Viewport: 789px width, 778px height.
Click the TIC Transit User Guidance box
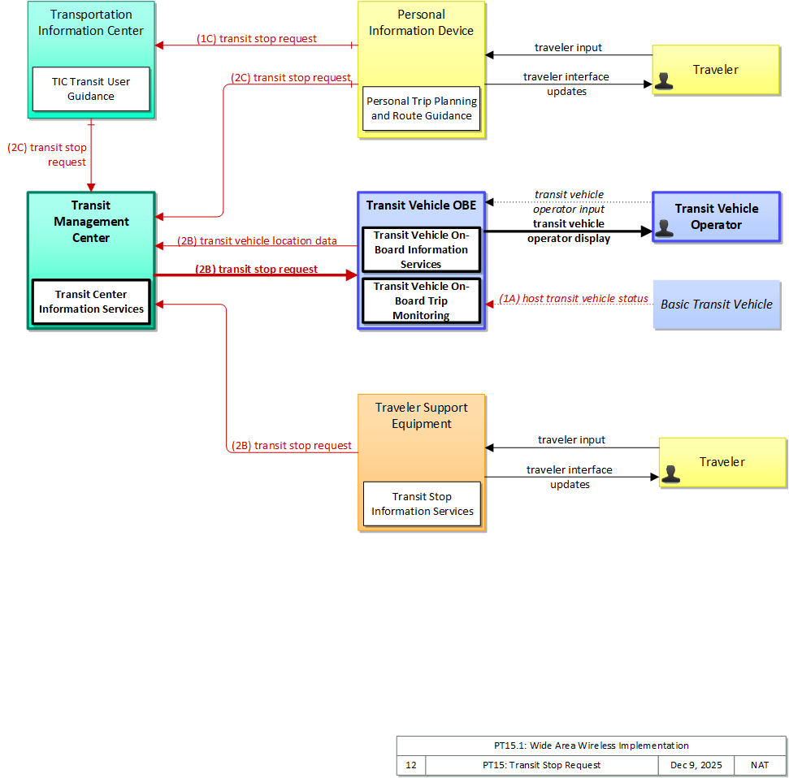pyautogui.click(x=91, y=89)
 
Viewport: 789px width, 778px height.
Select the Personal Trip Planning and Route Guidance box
pyautogui.click(x=421, y=109)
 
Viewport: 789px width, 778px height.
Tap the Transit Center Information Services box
pyautogui.click(x=91, y=302)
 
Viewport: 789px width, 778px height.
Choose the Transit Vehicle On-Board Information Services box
pyautogui.click(x=421, y=250)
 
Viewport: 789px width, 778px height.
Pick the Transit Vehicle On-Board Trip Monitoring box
pyautogui.click(x=421, y=300)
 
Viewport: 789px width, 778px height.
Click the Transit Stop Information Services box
pyautogui.click(x=422, y=504)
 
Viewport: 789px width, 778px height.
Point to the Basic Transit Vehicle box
pyautogui.click(x=717, y=305)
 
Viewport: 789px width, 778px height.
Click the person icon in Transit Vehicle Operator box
pyautogui.click(x=664, y=228)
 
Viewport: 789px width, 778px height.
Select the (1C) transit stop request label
pyautogui.click(x=257, y=39)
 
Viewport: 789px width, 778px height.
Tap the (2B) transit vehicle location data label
pyautogui.click(x=257, y=241)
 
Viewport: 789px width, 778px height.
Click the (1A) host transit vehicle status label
pyautogui.click(x=574, y=299)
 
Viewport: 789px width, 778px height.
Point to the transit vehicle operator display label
pyautogui.click(x=569, y=231)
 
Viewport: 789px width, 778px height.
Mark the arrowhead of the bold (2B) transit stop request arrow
pyautogui.click(x=352, y=275)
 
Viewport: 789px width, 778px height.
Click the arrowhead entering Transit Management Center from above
pyautogui.click(x=91, y=188)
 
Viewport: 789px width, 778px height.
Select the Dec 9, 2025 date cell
pyautogui.click(x=696, y=766)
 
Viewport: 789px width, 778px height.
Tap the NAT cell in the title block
pyautogui.click(x=760, y=766)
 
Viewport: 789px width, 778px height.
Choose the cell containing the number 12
pyautogui.click(x=411, y=766)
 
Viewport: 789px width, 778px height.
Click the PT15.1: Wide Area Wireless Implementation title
pyautogui.click(x=592, y=746)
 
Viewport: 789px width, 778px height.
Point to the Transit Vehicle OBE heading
pyautogui.click(x=421, y=205)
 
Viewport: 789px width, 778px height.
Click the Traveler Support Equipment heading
pyautogui.click(x=422, y=416)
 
